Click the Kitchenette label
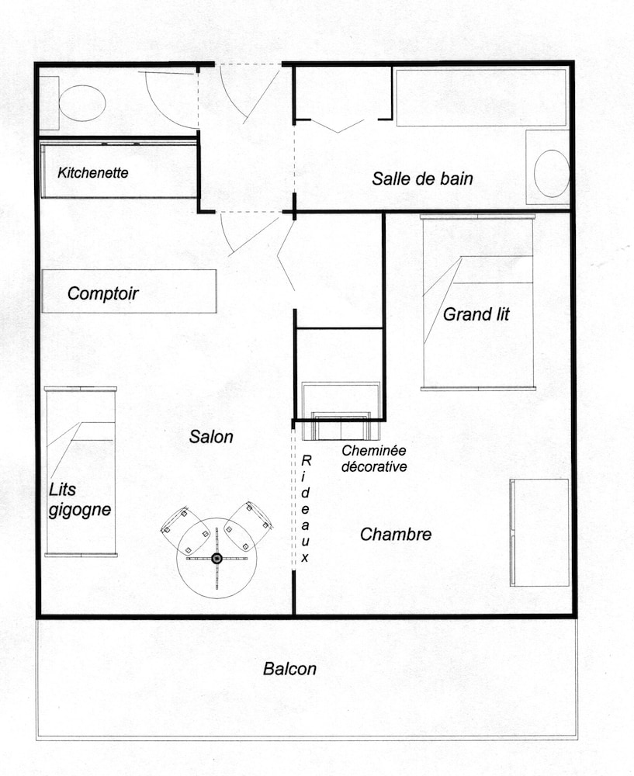coord(93,173)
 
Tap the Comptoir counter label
coord(103,293)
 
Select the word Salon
coord(211,436)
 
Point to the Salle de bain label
coord(422,178)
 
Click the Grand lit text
coord(476,314)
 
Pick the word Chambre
coord(396,535)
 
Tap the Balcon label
coord(289,669)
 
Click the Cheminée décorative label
coord(374,459)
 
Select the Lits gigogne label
coord(80,500)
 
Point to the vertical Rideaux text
coord(306,508)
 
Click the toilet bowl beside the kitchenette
coord(82,103)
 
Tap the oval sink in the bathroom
coord(552,174)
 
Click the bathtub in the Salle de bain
coord(482,98)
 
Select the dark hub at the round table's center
coord(217,558)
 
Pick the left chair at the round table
coord(185,531)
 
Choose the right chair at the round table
coord(248,527)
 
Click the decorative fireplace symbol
coord(341,411)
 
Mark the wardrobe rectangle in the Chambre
coord(539,532)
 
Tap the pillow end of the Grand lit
coord(478,237)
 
